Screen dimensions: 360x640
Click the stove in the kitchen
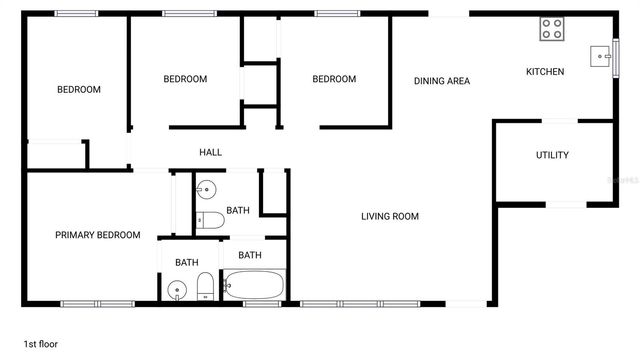(553, 29)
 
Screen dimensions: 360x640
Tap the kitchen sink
(601, 55)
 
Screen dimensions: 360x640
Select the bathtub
(254, 286)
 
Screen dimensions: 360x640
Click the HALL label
(210, 152)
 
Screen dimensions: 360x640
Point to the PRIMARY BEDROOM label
(97, 235)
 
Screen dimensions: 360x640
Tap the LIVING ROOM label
(390, 216)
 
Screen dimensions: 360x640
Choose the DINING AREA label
(442, 81)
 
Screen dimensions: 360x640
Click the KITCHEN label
(546, 72)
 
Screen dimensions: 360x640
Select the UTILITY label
(552, 155)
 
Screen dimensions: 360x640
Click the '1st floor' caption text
(41, 344)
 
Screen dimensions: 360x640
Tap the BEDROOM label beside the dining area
(333, 79)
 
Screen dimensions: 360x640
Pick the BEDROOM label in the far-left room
(78, 90)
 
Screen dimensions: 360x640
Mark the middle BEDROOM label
(185, 79)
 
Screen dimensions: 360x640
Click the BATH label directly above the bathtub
(250, 255)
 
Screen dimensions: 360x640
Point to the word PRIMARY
(75, 235)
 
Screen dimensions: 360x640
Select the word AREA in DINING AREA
(458, 81)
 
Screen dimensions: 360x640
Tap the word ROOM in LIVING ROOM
(404, 216)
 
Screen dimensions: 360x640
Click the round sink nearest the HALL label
(205, 188)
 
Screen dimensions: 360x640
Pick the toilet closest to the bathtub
(204, 288)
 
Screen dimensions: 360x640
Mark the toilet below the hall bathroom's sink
(210, 220)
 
